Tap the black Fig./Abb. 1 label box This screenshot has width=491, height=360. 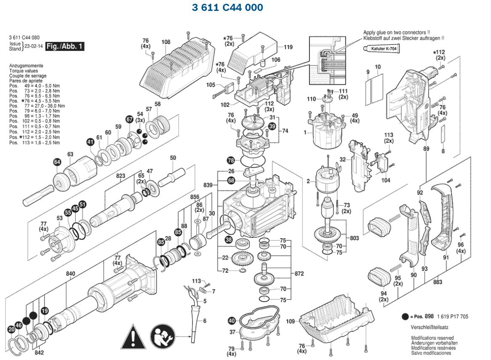pos(65,46)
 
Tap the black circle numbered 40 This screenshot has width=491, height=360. pos(231,321)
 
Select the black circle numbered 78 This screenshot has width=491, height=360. pos(230,160)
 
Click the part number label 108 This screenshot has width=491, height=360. pos(166,42)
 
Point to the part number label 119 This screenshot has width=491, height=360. pos(288,47)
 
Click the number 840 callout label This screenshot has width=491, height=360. pos(70,274)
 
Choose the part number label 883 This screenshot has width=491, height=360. pos(438,282)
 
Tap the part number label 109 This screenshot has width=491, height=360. pos(290,321)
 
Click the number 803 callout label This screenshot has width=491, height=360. pos(354,238)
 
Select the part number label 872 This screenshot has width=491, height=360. pos(298,273)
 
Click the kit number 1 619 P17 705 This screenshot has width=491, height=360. pos(452,317)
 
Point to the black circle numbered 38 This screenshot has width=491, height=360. pos(228,240)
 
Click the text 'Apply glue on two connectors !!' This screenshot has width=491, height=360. pos(396,32)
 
